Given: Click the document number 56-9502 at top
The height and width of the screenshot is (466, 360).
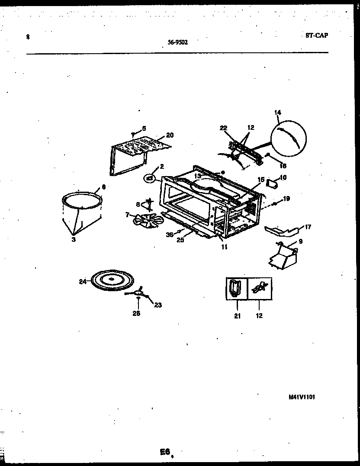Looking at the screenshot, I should [x=178, y=42].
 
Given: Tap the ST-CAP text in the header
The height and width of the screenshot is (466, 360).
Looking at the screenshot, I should [x=314, y=35].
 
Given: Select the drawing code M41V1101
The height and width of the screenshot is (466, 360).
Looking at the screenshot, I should [x=301, y=396].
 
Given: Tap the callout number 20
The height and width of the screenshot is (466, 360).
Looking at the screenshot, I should [x=170, y=135].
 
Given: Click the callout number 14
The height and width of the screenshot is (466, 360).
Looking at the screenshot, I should [x=277, y=112].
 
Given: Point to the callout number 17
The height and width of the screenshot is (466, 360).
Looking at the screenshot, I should [x=308, y=226].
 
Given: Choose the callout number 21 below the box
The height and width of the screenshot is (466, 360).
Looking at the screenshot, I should [x=237, y=316].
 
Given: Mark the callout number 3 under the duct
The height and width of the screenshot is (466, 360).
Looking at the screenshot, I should [x=74, y=239].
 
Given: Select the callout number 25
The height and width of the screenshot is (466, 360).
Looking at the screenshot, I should [x=180, y=240].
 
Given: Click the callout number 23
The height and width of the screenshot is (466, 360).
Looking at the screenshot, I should [x=157, y=305].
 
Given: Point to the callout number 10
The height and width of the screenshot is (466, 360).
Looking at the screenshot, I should [x=283, y=177].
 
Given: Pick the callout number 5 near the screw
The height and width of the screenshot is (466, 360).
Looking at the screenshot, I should [x=144, y=128].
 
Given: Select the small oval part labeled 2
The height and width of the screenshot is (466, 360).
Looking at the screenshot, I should [x=150, y=177].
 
